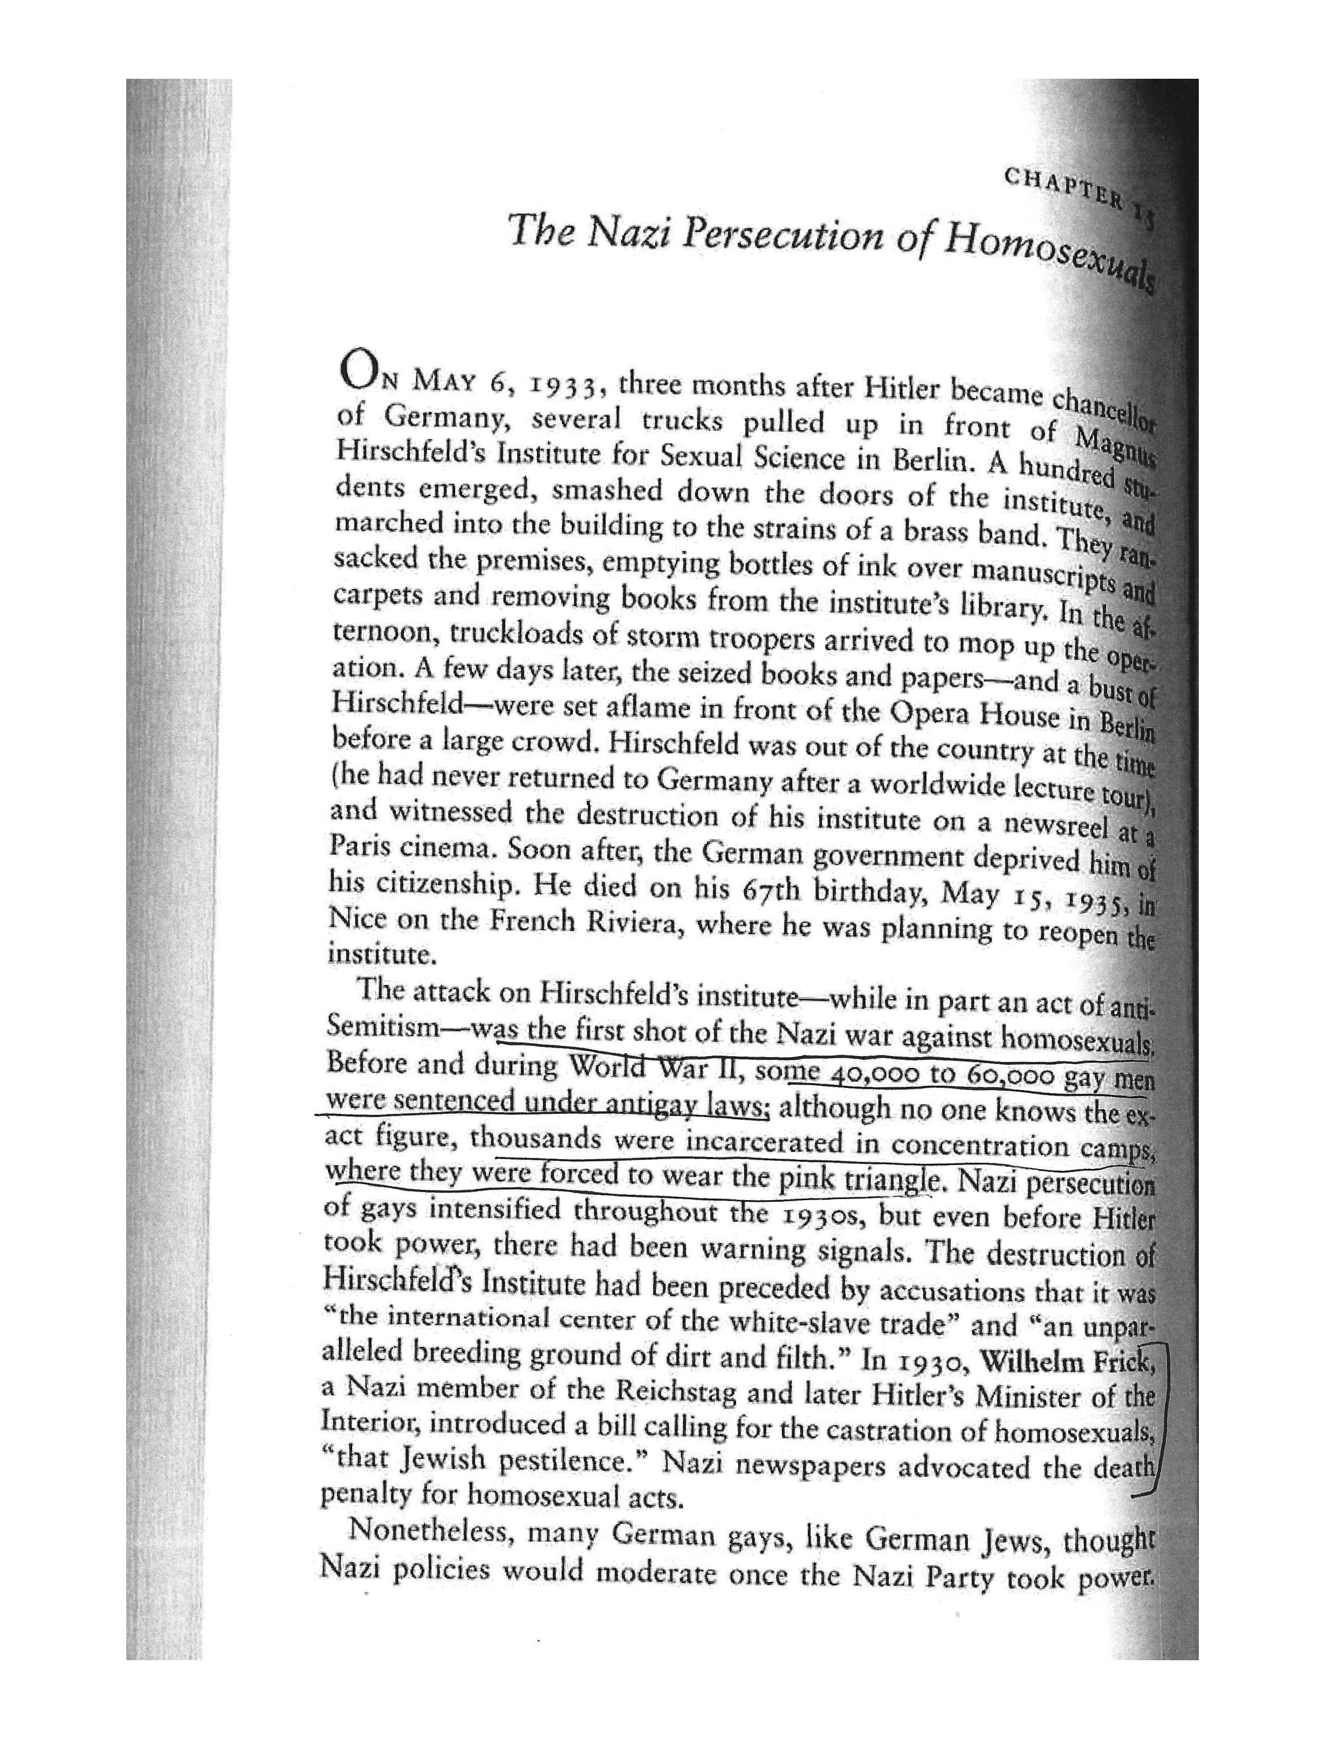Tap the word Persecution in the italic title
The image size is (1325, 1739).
(x=781, y=237)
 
